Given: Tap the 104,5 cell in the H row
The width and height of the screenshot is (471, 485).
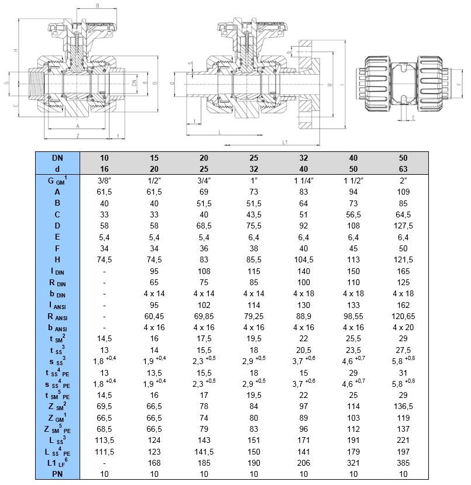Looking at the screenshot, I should (x=302, y=259).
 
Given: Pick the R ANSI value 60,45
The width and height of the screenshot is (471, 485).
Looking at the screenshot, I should (x=154, y=315).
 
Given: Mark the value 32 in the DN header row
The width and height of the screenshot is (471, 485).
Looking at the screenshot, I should (x=302, y=158).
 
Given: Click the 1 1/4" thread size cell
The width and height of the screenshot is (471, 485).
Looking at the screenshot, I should (x=302, y=180).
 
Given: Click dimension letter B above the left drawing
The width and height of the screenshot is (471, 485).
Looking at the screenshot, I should (x=98, y=5).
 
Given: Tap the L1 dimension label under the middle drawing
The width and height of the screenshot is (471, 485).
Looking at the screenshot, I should (x=284, y=142).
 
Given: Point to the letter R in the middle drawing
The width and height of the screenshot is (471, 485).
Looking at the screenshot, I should (x=330, y=85).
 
